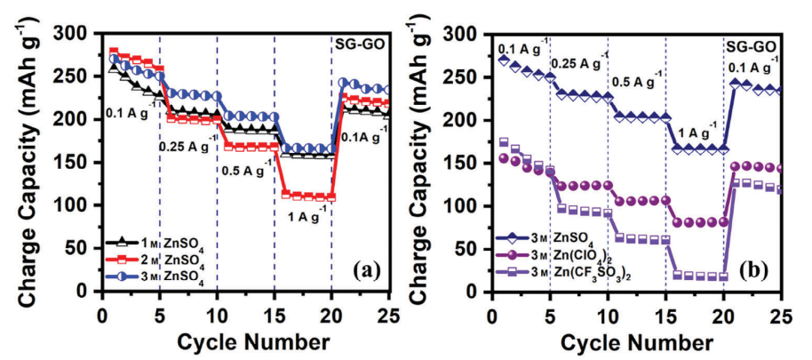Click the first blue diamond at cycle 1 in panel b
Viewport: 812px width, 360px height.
[504, 60]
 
